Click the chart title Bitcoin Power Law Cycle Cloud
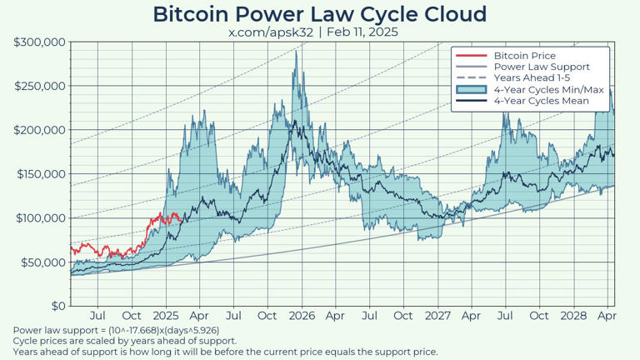(x=320, y=14)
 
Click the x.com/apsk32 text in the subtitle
(x=270, y=32)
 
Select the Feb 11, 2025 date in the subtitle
(x=362, y=32)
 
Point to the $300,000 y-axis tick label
(x=40, y=42)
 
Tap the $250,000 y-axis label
(x=40, y=86)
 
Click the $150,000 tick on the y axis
(x=40, y=174)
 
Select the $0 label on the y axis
(x=57, y=307)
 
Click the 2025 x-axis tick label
(x=166, y=317)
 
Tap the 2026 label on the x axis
(x=302, y=317)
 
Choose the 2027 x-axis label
(x=437, y=317)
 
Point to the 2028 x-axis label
(x=573, y=317)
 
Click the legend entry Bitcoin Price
(x=524, y=56)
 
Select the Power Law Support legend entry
(x=541, y=67)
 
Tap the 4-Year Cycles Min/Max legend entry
(x=547, y=90)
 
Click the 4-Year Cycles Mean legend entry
(x=541, y=101)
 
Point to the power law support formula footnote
(x=117, y=331)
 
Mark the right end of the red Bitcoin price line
(x=178, y=218)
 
